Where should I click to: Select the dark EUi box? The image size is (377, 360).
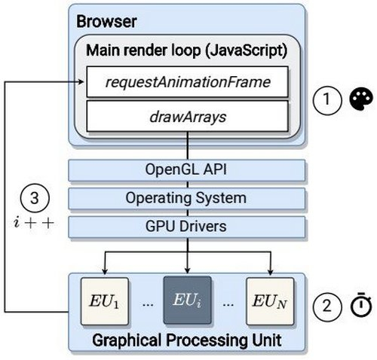click(185, 300)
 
